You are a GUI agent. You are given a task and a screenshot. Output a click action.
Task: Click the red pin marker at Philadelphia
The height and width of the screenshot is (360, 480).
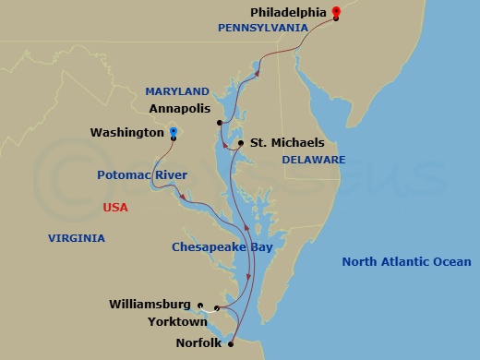pos(336,12)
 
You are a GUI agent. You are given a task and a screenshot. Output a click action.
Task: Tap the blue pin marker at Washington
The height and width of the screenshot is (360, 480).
pos(173,132)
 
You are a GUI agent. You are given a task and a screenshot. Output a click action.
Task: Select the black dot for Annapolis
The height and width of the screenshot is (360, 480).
pos(220,123)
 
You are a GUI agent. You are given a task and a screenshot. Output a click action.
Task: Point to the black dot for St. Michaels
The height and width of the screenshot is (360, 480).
pos(240,143)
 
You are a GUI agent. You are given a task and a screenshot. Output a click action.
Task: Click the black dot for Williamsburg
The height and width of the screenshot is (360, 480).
pos(200,304)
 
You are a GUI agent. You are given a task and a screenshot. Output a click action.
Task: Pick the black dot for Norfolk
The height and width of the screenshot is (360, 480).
pos(231,343)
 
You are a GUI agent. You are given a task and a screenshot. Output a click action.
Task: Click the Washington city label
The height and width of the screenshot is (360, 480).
pos(127,133)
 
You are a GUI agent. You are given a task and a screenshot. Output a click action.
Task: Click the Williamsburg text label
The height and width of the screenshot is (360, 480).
pos(150,304)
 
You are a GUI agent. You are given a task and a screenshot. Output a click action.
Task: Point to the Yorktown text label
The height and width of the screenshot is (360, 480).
pos(178,322)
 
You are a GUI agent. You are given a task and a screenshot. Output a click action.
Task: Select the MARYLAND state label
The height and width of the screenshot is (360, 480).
pos(177,91)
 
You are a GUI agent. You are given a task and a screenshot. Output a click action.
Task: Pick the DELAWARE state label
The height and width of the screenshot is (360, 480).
pos(314,160)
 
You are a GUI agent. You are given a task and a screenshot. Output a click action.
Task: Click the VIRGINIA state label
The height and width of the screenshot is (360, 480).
pos(76,238)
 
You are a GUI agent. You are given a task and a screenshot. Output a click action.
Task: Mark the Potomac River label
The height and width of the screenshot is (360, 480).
pos(142,174)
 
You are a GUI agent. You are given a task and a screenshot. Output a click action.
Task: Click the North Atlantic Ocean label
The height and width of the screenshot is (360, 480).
pos(406,262)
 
